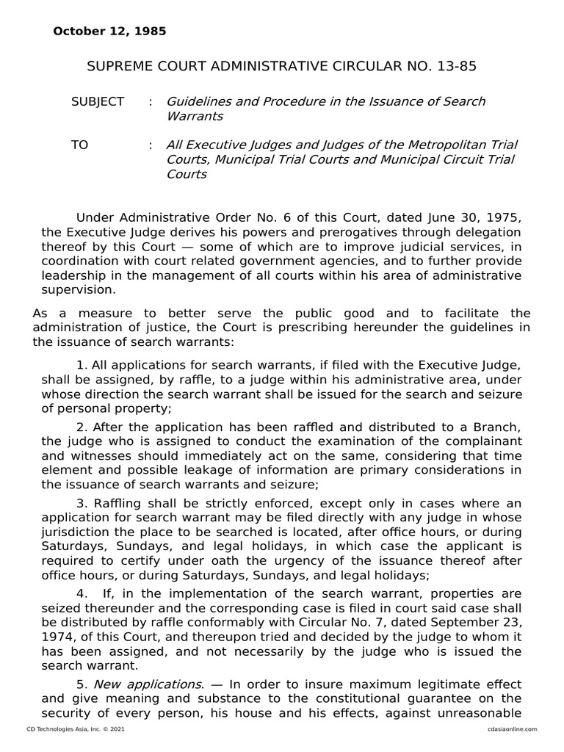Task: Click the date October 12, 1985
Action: coord(109,32)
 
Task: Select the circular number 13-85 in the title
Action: coord(455,67)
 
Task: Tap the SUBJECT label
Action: coord(98,101)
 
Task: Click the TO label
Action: coord(79,145)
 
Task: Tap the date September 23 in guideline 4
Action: coord(485,623)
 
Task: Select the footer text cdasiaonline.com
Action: coord(513,728)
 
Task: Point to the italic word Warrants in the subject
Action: coord(195,116)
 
